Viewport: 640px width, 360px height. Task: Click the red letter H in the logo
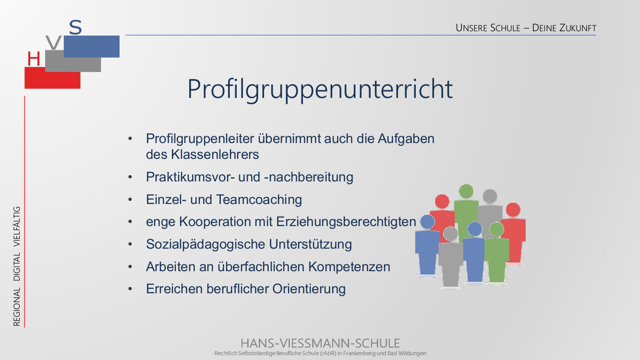tap(34, 59)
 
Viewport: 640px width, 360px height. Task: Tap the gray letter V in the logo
tap(54, 43)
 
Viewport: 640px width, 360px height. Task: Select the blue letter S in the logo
tap(75, 27)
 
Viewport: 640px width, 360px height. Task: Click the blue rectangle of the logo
tap(91, 46)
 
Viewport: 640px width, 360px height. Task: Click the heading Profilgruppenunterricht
tap(320, 89)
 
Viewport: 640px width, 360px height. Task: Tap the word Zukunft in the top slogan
tap(578, 28)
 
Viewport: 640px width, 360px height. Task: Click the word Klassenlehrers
tap(215, 155)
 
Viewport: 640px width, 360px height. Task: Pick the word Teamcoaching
tap(259, 199)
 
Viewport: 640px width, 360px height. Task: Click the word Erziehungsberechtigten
tap(346, 222)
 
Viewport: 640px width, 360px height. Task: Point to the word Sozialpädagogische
tap(205, 244)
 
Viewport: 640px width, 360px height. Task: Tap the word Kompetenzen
tap(349, 267)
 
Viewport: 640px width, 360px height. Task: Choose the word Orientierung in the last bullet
tap(309, 289)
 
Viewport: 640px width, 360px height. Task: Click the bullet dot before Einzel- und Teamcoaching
tap(130, 199)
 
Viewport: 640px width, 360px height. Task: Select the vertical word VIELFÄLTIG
tap(17, 227)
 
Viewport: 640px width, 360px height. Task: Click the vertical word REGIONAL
tap(17, 307)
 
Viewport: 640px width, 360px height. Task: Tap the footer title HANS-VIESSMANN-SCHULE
tap(320, 343)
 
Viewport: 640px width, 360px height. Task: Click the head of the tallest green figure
tap(466, 191)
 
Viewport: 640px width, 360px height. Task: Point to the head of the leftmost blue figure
tap(427, 221)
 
